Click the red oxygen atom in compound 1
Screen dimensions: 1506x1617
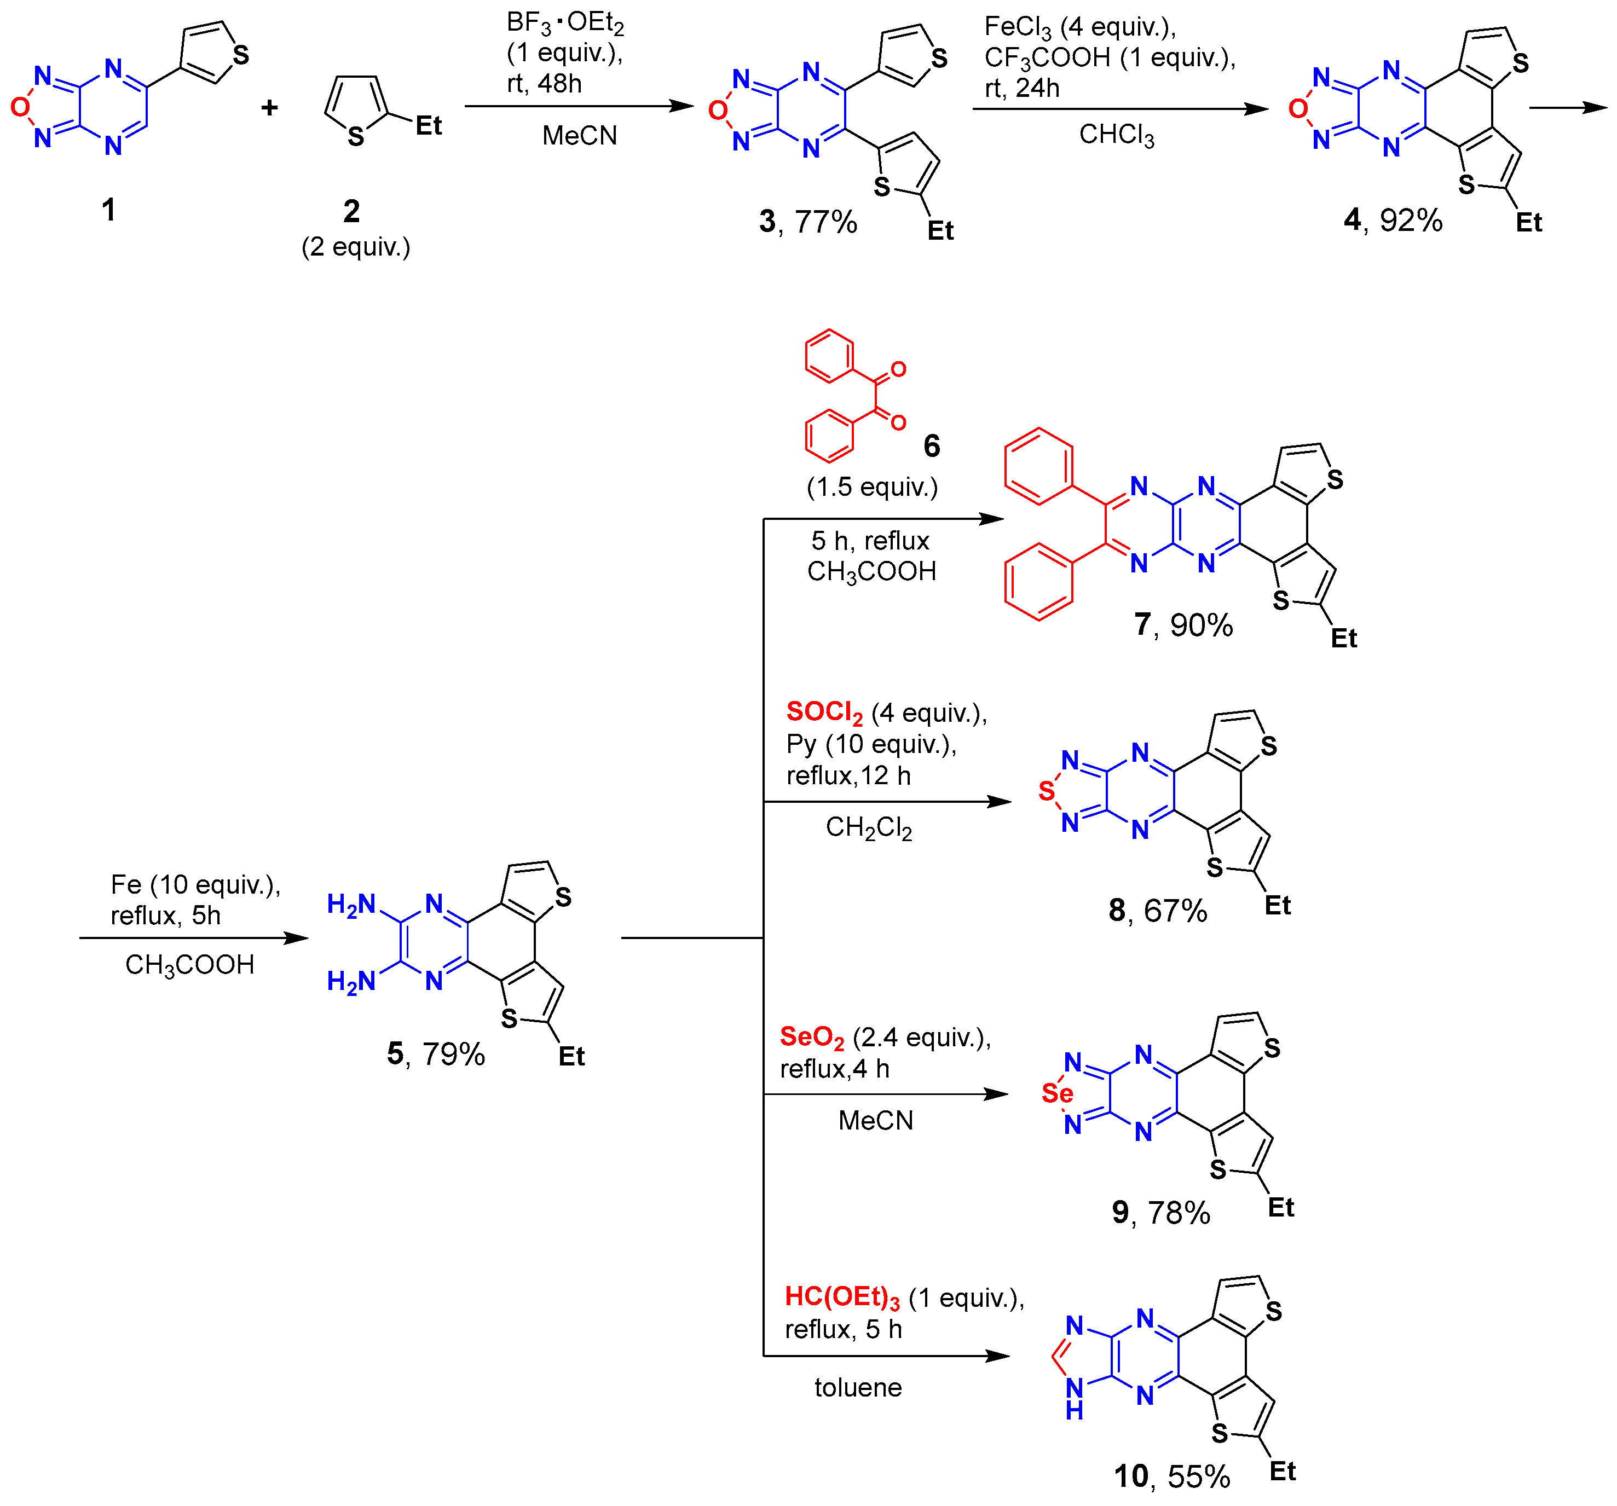[20, 107]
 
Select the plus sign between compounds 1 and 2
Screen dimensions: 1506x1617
[269, 107]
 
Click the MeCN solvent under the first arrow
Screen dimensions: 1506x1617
[579, 135]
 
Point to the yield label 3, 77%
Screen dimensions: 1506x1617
[808, 221]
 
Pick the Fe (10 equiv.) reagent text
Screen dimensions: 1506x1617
[195, 885]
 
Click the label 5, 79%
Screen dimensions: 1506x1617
[436, 1054]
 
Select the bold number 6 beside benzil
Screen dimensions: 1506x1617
[931, 445]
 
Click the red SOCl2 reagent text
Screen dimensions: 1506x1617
[824, 713]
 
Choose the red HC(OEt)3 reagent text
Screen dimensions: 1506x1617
[842, 1297]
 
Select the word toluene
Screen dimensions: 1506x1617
[858, 1387]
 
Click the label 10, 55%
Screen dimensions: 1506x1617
[1171, 1476]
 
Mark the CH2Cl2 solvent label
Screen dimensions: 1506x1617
[869, 828]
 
